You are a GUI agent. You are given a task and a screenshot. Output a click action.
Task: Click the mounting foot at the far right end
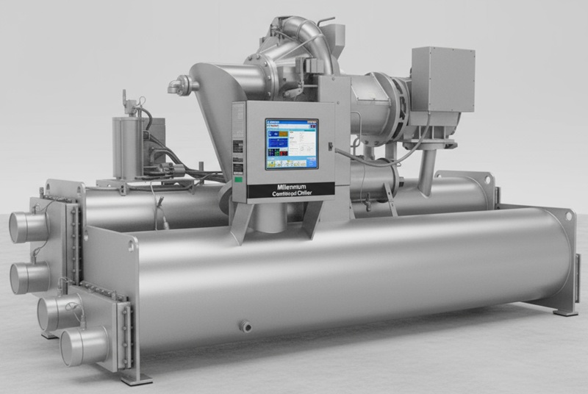tap(565, 312)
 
